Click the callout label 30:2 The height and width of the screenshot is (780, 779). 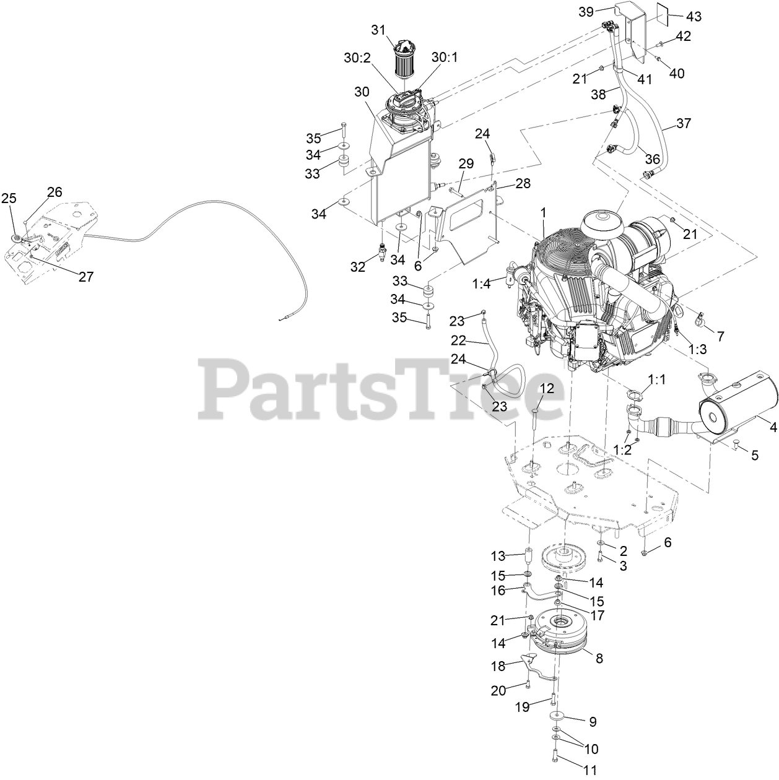(358, 57)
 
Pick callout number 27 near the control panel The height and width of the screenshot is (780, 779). (86, 276)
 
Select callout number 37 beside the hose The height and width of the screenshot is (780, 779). (684, 123)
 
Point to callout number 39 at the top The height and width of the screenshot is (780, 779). (586, 12)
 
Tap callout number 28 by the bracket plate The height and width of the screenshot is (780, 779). (523, 184)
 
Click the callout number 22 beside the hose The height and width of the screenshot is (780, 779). (458, 340)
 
